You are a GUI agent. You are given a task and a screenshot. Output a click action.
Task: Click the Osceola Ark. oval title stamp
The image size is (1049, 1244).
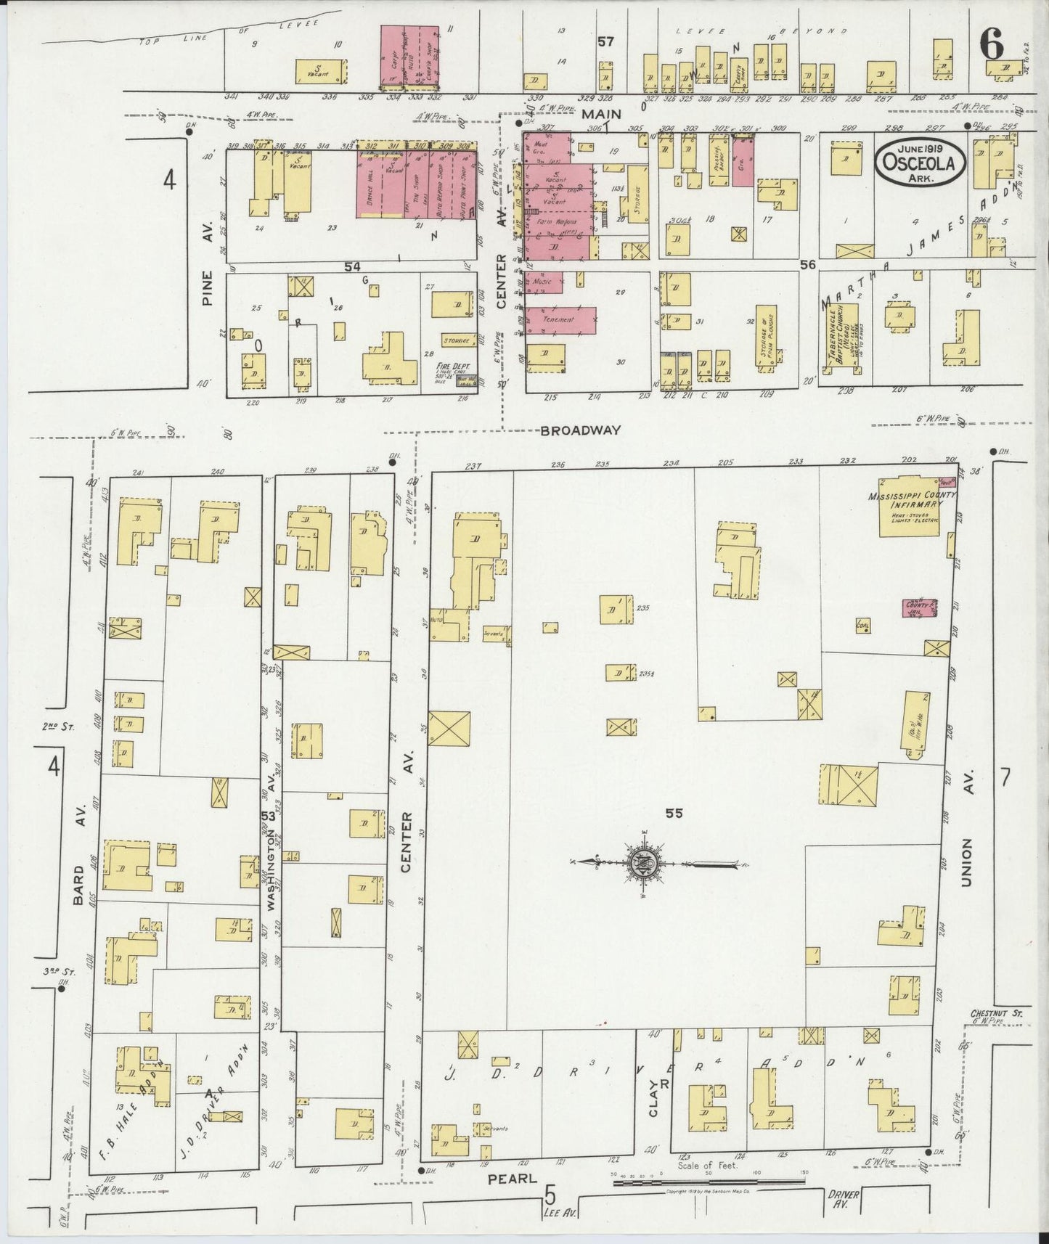coord(919,163)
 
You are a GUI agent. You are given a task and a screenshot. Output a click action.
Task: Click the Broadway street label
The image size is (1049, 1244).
coord(580,430)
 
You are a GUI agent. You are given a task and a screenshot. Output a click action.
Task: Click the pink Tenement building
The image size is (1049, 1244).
coord(560,320)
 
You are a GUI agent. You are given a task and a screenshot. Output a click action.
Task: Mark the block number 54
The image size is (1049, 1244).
coord(353,267)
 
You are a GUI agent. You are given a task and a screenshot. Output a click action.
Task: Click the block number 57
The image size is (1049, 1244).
coord(605,42)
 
